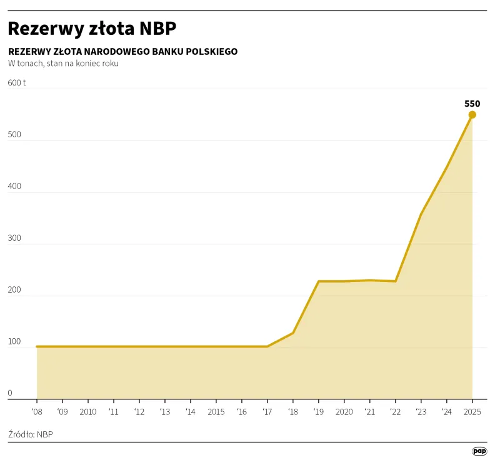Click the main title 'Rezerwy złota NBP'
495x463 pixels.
[x=92, y=29]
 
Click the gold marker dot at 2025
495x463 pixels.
[x=472, y=115]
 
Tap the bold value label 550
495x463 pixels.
[x=472, y=104]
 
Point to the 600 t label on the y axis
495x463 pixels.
[x=17, y=82]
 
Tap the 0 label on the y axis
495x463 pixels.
[x=10, y=393]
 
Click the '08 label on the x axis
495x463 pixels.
[x=37, y=412]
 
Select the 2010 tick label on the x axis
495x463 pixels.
[x=88, y=412]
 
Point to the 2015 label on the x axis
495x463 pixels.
[x=216, y=412]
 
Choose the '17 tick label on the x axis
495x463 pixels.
[x=267, y=412]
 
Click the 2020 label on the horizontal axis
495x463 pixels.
[x=344, y=412]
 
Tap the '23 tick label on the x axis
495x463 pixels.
[x=421, y=412]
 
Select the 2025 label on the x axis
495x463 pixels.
[x=472, y=412]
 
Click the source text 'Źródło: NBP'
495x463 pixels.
[x=31, y=434]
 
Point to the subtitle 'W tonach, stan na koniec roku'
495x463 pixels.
[x=63, y=64]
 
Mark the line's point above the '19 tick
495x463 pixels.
[x=318, y=281]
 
